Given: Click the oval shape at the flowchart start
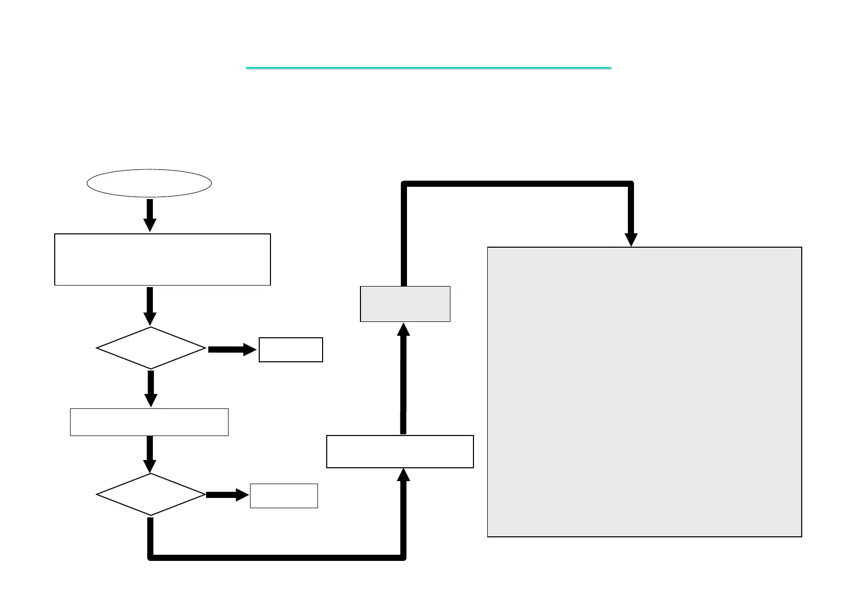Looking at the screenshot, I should [x=149, y=183].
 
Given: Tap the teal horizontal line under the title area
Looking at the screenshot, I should [x=428, y=68].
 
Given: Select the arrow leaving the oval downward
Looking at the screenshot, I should [x=150, y=215].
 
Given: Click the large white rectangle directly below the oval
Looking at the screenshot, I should [x=162, y=259].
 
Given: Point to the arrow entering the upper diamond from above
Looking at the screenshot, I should [x=150, y=306].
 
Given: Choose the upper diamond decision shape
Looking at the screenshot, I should [x=151, y=348].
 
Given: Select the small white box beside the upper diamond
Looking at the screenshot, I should [x=290, y=350].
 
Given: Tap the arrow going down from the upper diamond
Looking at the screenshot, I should [x=151, y=388].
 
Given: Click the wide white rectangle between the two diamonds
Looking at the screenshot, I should [x=149, y=422].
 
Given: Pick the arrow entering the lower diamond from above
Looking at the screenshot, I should [x=150, y=454].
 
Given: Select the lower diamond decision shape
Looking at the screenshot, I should [x=151, y=494].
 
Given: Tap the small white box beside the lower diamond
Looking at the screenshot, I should [x=284, y=496].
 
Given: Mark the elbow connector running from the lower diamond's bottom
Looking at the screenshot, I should [x=276, y=557].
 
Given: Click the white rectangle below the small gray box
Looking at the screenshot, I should [x=400, y=451].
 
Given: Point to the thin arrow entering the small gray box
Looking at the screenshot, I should [x=403, y=379].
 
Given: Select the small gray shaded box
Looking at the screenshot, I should [x=405, y=304].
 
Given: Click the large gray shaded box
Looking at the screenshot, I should [x=644, y=392].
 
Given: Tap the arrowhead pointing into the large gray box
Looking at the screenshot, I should [x=631, y=239].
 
